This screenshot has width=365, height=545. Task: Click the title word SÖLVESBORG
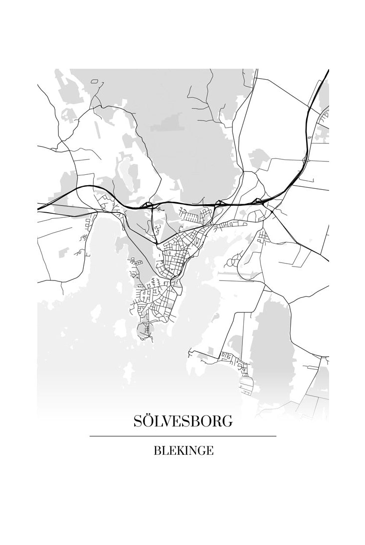(182, 421)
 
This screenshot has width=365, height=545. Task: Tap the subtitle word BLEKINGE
(183, 451)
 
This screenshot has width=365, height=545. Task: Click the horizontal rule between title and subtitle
(182, 436)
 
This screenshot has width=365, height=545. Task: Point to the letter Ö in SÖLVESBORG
(149, 421)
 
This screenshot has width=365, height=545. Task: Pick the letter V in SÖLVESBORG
(169, 421)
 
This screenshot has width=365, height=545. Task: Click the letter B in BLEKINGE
(158, 451)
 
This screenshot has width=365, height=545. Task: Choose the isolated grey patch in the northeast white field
(259, 158)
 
